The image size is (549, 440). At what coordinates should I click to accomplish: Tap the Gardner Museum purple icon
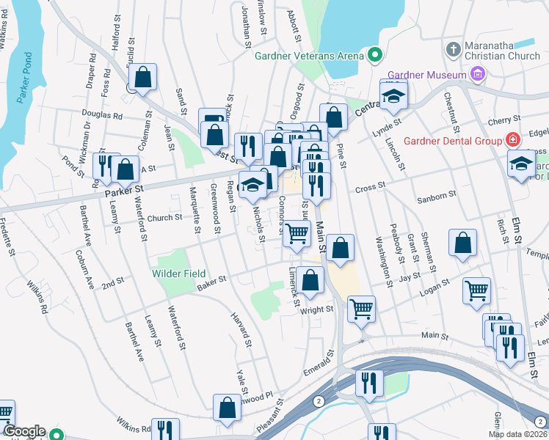tap(478, 74)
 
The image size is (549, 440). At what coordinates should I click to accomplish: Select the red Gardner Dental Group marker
tap(512, 140)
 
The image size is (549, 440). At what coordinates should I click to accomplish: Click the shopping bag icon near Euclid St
tap(143, 76)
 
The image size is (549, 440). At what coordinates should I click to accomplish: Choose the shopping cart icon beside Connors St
tap(297, 234)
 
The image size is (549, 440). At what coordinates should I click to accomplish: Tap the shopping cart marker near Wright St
tap(361, 310)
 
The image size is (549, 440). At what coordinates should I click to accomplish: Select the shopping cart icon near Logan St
tap(476, 291)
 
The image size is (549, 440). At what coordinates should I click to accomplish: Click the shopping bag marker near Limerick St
tap(310, 280)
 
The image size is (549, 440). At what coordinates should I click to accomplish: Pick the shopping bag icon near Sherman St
tap(462, 244)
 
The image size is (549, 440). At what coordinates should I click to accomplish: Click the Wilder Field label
tap(178, 274)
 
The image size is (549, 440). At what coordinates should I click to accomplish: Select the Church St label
tap(164, 218)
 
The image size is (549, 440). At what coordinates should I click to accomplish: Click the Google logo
tap(24, 431)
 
